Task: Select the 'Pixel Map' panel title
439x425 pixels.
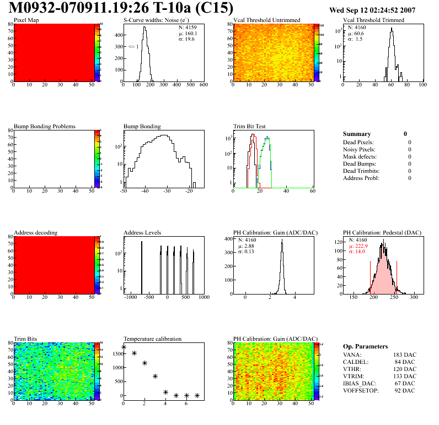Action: [26, 20]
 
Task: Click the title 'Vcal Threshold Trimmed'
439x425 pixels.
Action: [373, 20]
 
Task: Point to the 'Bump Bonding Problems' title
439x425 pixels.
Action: [45, 127]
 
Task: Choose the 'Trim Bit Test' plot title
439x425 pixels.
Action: [250, 127]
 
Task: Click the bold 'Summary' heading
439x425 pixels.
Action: [357, 134]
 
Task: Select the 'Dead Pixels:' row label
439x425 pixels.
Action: [359, 142]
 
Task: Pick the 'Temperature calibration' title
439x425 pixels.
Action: [152, 339]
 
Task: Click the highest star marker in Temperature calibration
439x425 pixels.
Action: [124, 347]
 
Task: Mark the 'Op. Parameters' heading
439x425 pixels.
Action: [365, 346]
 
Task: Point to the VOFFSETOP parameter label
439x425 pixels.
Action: [362, 390]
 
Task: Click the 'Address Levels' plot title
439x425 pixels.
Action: [143, 233]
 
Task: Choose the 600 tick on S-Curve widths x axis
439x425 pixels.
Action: [203, 85]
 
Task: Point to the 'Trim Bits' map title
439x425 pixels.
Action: [26, 339]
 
